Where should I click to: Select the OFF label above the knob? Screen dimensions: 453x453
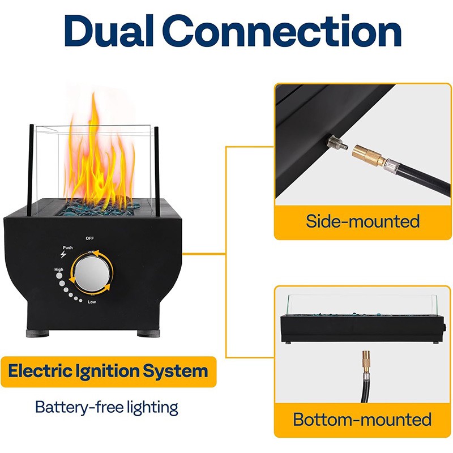pos(90,238)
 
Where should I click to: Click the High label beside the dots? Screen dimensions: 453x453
pos(59,270)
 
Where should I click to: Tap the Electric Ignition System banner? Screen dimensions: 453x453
pos(108,372)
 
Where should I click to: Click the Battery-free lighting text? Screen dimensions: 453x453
pos(106,407)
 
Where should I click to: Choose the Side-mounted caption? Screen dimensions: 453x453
pos(362,221)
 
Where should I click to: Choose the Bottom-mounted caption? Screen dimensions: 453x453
pos(362,420)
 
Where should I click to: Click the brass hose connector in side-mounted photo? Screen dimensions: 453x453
pos(367,155)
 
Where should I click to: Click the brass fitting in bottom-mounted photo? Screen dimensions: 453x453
pos(365,362)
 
